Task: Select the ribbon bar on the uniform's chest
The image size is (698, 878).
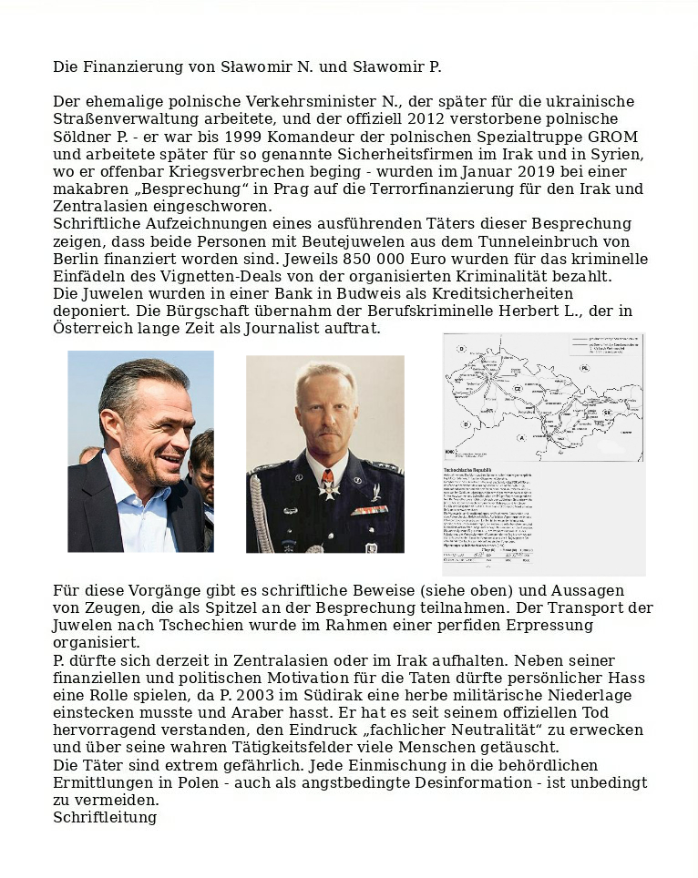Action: point(369,510)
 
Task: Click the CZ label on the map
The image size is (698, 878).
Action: point(517,387)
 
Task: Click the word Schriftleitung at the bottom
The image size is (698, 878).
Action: point(105,817)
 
